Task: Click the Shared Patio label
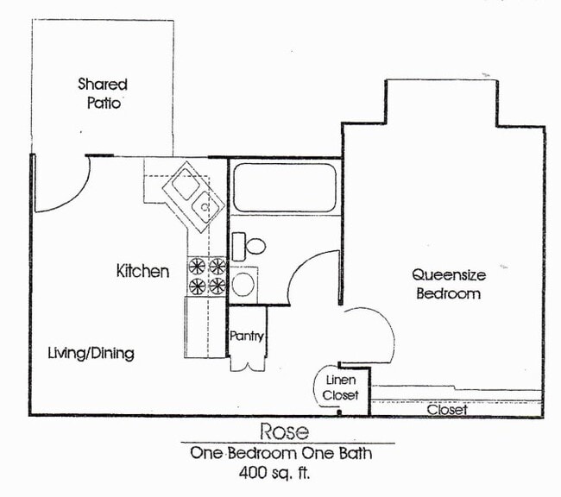[103, 93]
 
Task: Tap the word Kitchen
[142, 271]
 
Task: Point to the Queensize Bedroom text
[448, 284]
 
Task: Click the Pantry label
[246, 337]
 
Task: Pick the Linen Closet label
[339, 387]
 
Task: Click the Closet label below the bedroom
[447, 410]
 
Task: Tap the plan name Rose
[284, 431]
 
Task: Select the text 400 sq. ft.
[273, 472]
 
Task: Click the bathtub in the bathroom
[284, 187]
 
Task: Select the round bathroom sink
[243, 284]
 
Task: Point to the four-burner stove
[207, 275]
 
